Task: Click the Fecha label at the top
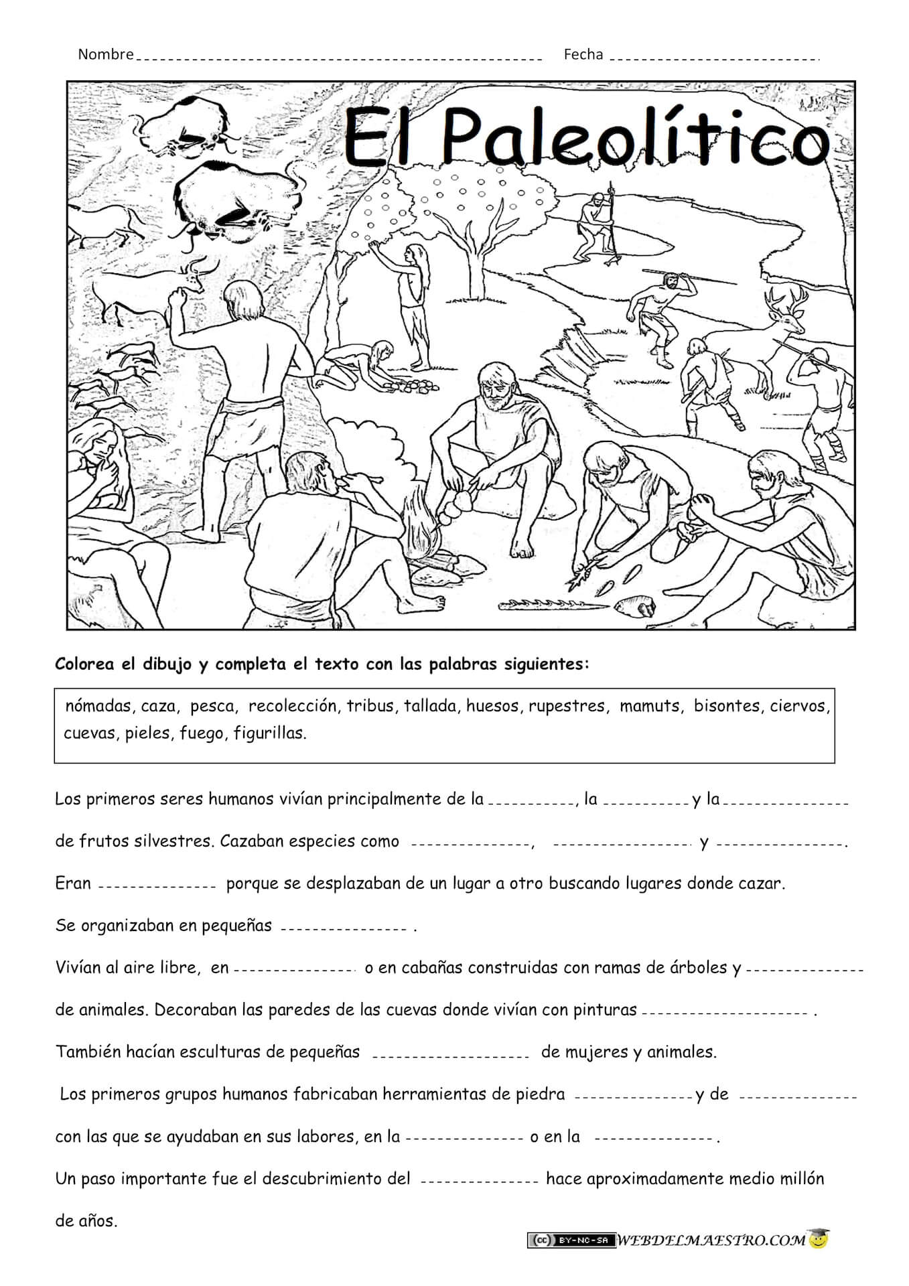click(583, 54)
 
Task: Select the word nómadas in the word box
click(98, 706)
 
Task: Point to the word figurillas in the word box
click(269, 733)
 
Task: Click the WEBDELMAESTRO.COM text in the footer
click(711, 1240)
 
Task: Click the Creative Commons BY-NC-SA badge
click(571, 1240)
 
